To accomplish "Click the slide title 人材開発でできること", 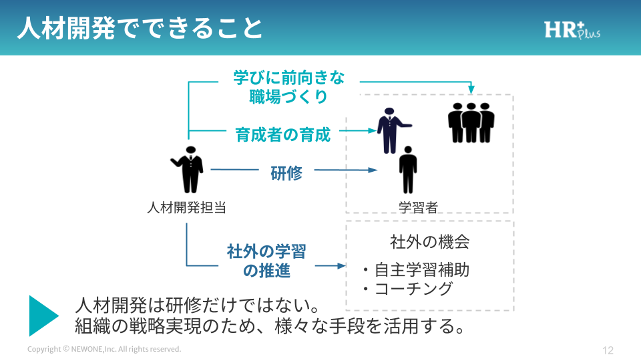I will tap(140, 28).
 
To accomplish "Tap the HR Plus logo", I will tap(572, 30).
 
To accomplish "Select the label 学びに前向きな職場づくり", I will tap(288, 87).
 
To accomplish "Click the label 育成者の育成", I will tap(283, 134).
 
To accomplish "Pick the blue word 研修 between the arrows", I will tap(286, 173).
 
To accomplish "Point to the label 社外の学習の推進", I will tap(266, 261).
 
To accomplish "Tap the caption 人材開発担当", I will tap(186, 207).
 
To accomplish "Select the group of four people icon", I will tap(471, 122).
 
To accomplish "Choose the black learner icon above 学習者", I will tap(407, 169).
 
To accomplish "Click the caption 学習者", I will tap(418, 207).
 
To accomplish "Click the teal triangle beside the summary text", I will tap(43, 315).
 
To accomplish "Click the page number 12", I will tap(608, 350).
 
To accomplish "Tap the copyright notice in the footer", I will tap(104, 350).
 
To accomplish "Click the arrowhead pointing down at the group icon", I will tap(471, 89).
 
